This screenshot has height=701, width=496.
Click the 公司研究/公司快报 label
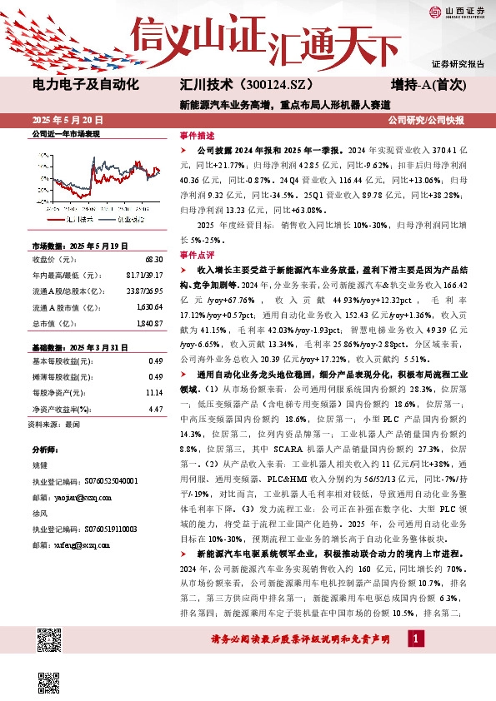pos(437,121)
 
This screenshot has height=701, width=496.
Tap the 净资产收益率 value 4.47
pos(154,409)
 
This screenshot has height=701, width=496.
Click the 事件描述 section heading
pos(196,136)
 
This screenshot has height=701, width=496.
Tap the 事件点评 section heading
pos(196,255)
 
